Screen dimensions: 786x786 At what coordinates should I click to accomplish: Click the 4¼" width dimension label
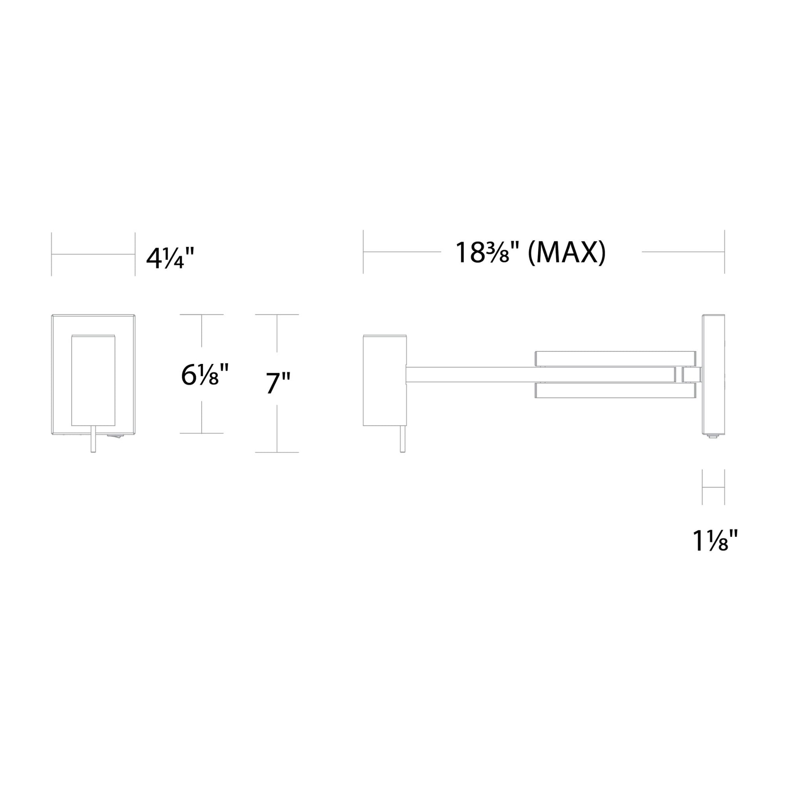[x=170, y=258]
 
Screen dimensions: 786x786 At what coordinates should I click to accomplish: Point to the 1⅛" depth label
[x=715, y=540]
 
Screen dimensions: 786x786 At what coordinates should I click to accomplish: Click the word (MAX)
[x=566, y=253]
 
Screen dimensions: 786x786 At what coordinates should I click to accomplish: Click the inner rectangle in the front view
[x=93, y=380]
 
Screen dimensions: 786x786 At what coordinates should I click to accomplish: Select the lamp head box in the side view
[x=385, y=380]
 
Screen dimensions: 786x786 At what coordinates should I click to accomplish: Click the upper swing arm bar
[x=615, y=358]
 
